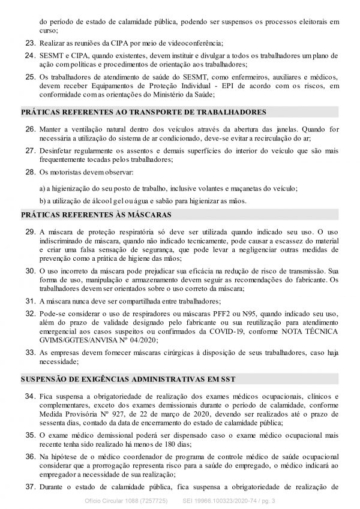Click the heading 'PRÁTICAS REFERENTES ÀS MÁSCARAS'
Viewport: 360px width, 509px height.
(97, 214)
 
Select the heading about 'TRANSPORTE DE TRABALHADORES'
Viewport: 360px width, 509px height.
(143, 112)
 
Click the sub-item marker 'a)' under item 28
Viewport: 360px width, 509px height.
(43, 188)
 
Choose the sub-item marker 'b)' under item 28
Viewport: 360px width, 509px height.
(43, 200)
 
